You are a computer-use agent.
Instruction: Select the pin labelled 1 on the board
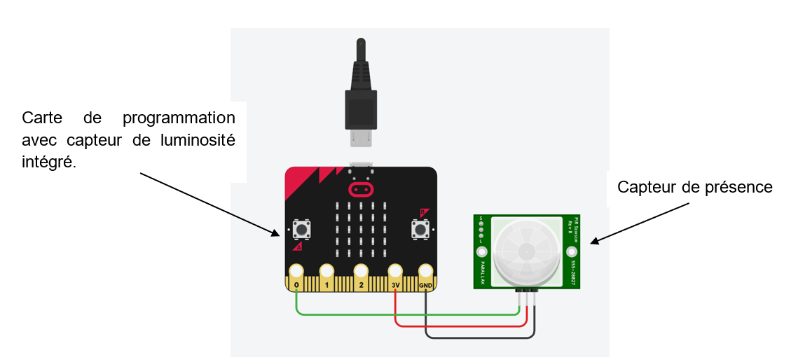[x=326, y=271]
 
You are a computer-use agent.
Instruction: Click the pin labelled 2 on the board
[x=361, y=271]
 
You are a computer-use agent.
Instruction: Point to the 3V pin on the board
[x=396, y=271]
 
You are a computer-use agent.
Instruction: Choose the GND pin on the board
[x=426, y=271]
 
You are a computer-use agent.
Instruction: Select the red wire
[x=455, y=326]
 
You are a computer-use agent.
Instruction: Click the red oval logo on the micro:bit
[x=361, y=189]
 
